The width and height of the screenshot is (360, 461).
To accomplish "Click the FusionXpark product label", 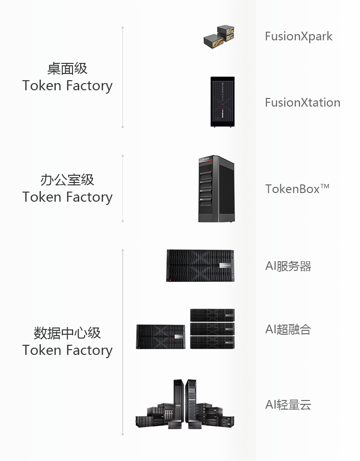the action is (x=299, y=36).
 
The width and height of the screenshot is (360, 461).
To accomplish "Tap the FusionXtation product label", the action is (x=303, y=103).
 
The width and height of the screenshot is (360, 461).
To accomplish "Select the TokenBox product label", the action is (x=297, y=189).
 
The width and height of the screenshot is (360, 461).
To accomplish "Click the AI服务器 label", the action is (x=288, y=266).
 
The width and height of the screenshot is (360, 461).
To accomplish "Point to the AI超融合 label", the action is (x=288, y=329).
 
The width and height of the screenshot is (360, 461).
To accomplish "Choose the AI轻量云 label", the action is (x=288, y=404).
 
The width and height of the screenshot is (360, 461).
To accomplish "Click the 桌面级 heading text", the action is (x=67, y=69).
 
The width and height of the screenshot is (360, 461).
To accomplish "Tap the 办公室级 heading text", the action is (x=67, y=180).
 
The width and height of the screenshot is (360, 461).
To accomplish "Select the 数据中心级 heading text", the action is (x=67, y=333).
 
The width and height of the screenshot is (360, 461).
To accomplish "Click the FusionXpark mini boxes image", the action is (x=219, y=37).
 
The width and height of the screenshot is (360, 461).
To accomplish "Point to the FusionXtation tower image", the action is (x=222, y=102).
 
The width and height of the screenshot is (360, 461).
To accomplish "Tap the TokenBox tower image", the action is (x=216, y=189).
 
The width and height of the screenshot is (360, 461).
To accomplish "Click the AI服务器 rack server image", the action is (x=201, y=266).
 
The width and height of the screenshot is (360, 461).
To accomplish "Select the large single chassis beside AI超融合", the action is (x=161, y=337).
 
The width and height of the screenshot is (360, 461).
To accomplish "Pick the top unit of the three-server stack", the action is (x=212, y=315).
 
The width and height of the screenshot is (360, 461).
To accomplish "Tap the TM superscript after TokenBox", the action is (x=325, y=186).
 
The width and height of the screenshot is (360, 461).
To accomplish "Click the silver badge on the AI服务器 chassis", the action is (x=226, y=266).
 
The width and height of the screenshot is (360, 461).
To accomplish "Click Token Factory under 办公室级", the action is (x=67, y=197).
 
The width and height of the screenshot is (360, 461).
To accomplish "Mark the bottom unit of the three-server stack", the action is (x=212, y=342).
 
